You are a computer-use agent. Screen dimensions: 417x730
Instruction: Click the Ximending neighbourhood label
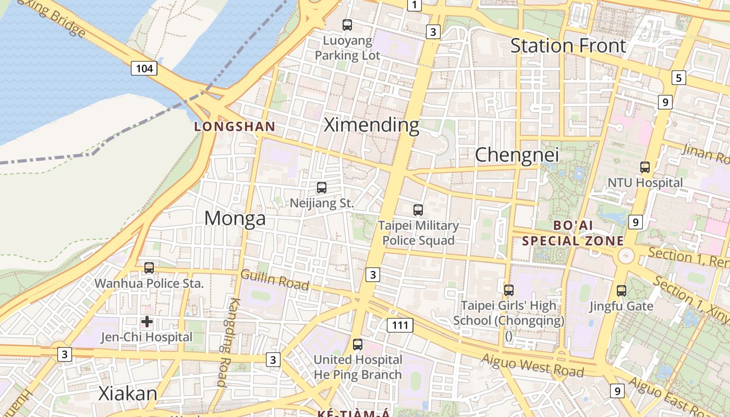coord(371,125)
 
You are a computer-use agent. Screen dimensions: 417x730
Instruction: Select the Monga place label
coord(235,218)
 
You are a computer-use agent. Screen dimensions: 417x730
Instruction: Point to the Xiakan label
coord(128,394)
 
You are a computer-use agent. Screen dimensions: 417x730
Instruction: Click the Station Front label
coord(568,46)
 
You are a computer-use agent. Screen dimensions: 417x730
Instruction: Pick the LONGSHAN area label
coord(235,126)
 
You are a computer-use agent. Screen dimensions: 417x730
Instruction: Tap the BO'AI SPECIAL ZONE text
coord(573,233)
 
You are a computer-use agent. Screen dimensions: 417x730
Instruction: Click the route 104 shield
coord(144,68)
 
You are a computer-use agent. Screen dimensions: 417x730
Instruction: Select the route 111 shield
coord(400,326)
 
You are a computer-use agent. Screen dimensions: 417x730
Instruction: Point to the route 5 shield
coord(678,78)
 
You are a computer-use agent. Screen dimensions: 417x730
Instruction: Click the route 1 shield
coord(414,5)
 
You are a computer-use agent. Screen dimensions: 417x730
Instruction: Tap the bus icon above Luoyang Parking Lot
coord(347,24)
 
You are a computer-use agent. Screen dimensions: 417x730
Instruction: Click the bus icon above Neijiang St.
coord(322,188)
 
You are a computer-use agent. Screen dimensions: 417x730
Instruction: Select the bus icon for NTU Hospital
coord(645,167)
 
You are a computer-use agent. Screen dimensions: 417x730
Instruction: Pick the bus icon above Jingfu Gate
coord(622,291)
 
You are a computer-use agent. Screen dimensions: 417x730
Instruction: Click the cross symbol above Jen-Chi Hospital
coord(147,322)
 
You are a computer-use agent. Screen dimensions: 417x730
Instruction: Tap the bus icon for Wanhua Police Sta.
coord(149,268)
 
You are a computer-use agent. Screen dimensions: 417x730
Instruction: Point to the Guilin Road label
coord(275,280)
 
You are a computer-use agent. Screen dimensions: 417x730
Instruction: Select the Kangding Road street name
coord(228,342)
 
